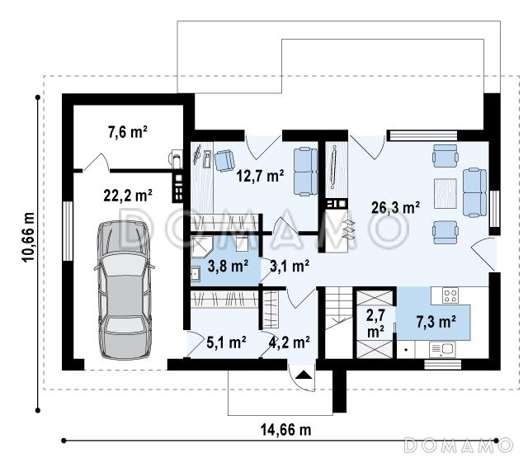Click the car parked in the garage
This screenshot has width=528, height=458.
tap(125, 290)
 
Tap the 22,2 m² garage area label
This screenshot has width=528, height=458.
tap(128, 195)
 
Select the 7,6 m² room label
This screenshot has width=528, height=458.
tap(128, 132)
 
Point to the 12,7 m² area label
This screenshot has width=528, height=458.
tap(260, 176)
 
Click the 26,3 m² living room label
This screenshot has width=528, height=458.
tap(395, 207)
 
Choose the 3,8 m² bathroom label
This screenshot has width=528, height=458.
tap(228, 266)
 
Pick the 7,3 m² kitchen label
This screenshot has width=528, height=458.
tap(436, 322)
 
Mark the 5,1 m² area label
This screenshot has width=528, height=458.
tap(226, 342)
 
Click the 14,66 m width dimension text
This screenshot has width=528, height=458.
tap(285, 430)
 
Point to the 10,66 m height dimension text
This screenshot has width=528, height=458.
tap(28, 237)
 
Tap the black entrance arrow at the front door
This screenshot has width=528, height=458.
tap(304, 375)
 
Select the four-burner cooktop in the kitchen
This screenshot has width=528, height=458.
tap(450, 295)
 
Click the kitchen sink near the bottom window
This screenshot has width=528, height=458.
tap(442, 349)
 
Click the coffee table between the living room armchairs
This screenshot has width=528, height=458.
tap(445, 193)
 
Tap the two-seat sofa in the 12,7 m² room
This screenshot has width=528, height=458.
tap(305, 172)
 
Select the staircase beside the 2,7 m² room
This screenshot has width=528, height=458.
tap(338, 322)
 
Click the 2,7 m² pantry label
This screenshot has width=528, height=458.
tap(375, 323)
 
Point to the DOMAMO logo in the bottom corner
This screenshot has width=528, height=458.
tap(459, 445)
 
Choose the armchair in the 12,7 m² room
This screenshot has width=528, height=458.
tap(224, 161)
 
